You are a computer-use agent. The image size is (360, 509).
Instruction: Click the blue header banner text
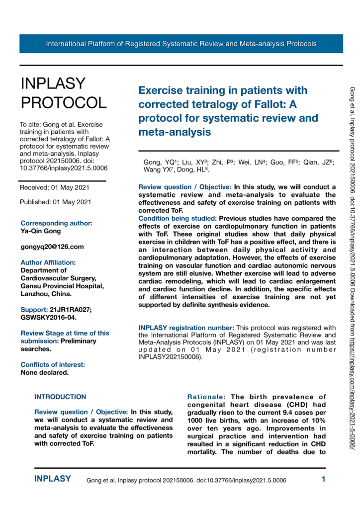(x=181, y=44)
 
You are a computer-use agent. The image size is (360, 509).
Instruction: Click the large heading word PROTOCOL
(x=63, y=102)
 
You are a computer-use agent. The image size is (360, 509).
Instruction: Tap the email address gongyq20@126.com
(x=52, y=247)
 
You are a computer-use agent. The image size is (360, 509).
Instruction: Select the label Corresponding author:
(x=56, y=223)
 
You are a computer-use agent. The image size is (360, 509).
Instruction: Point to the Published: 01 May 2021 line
(x=55, y=202)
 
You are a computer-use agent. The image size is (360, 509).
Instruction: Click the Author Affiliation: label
(x=48, y=262)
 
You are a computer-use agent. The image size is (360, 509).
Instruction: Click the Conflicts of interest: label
(x=52, y=350)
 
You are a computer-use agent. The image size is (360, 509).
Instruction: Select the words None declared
(x=44, y=358)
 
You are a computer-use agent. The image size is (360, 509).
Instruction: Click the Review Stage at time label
(x=65, y=333)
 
